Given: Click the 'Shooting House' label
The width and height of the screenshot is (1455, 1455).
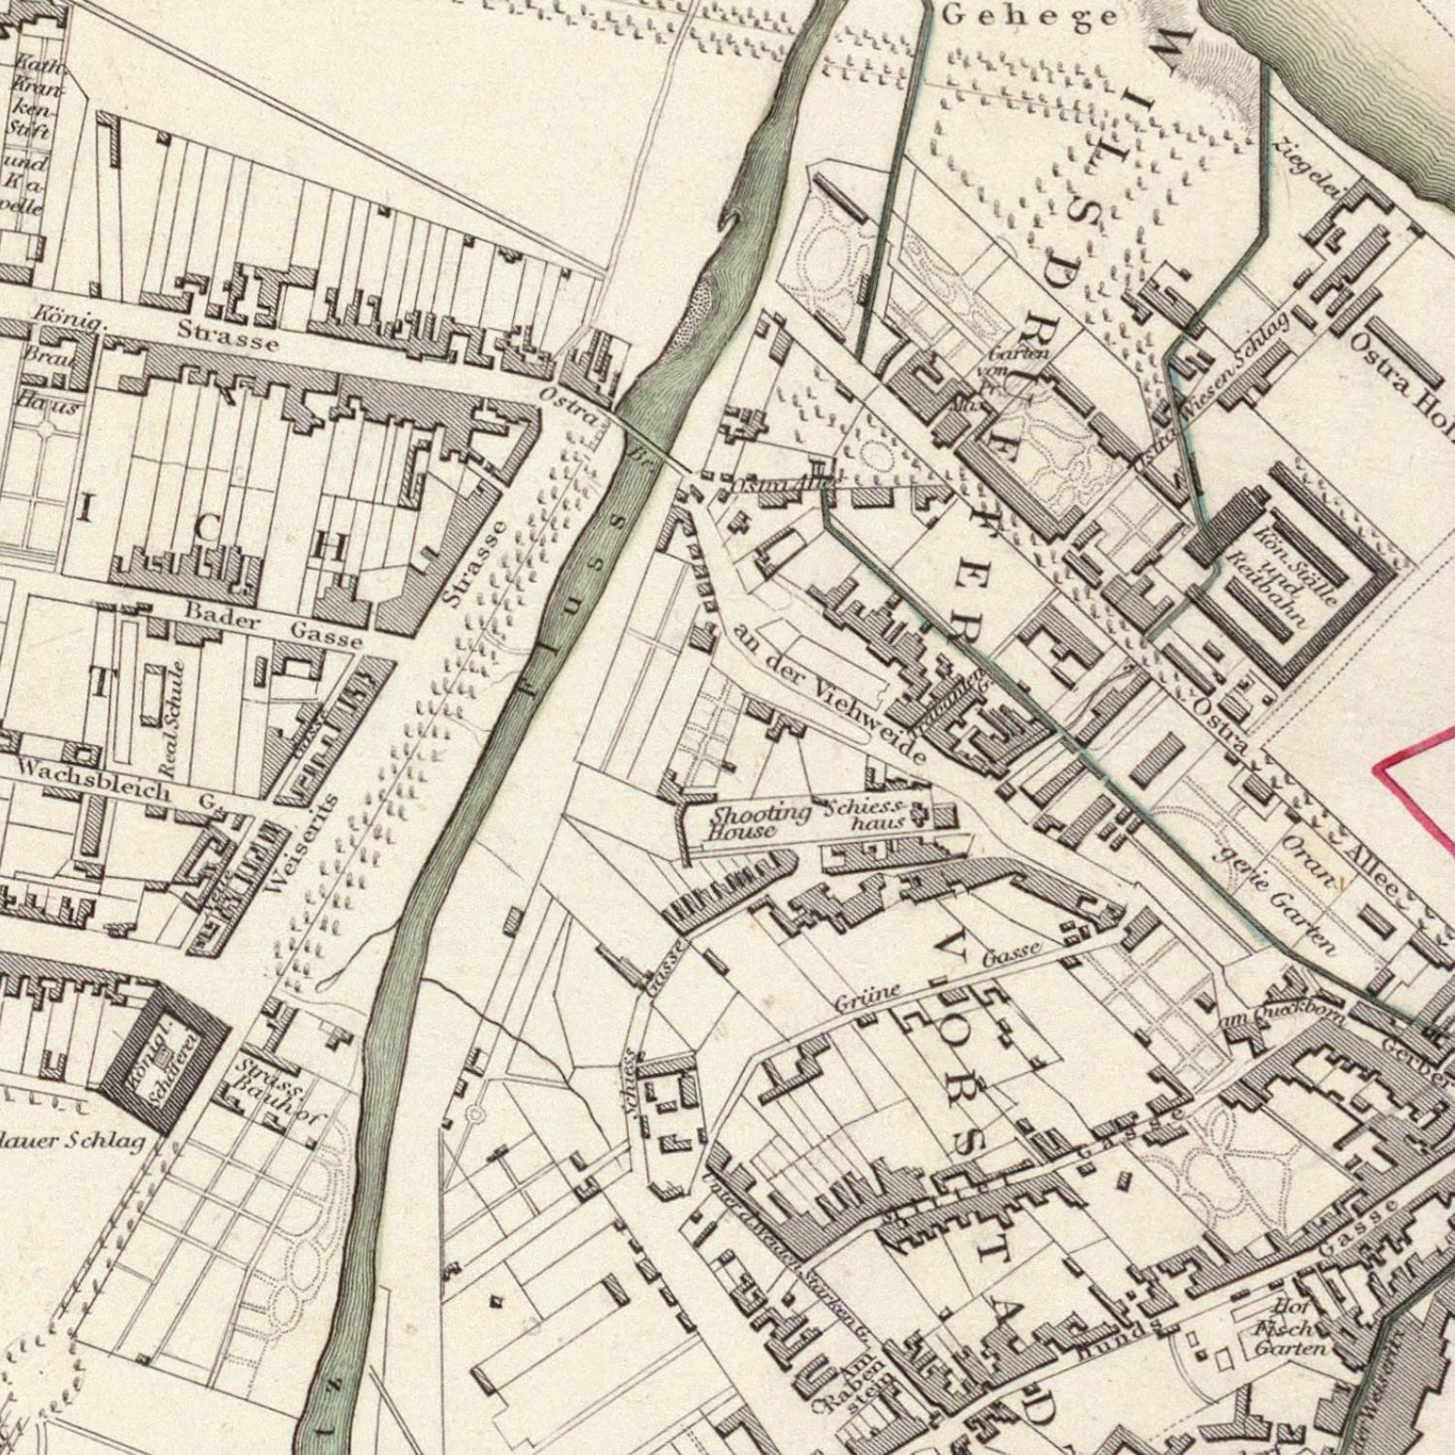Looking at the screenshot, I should (x=747, y=822).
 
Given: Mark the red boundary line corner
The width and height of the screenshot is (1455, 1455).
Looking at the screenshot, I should (x=1382, y=766).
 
